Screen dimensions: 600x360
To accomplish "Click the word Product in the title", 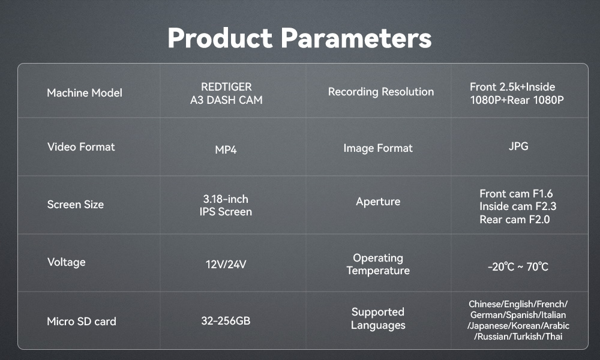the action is pos(220,38).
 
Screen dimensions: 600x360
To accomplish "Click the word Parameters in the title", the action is pos(356,38).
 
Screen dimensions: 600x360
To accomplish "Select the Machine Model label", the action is pos(85,93).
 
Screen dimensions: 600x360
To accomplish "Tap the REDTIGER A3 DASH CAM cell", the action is pos(226,94).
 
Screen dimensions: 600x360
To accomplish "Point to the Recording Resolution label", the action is pos(381,92).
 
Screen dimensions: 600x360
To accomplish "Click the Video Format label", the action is pos(81,147).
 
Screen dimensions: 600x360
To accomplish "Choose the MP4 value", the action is pos(226,149).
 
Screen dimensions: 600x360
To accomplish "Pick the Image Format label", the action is pos(378,148).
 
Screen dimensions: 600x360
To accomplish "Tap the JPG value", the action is pos(518,146).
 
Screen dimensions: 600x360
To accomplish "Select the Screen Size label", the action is pos(76,205).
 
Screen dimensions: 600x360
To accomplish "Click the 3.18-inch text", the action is pos(226,199).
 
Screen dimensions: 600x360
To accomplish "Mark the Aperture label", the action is pos(378,202).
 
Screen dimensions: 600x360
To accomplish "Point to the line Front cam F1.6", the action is pos(516,194).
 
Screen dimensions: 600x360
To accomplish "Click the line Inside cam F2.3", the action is pos(518,206).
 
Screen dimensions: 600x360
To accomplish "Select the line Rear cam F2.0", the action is pos(515,220).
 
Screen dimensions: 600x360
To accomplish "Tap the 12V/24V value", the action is pos(226,265).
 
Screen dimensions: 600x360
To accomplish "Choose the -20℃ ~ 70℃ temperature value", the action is pos(518,266).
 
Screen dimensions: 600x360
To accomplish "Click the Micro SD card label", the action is pos(82,322).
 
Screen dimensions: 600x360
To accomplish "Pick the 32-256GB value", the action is pos(226,320).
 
